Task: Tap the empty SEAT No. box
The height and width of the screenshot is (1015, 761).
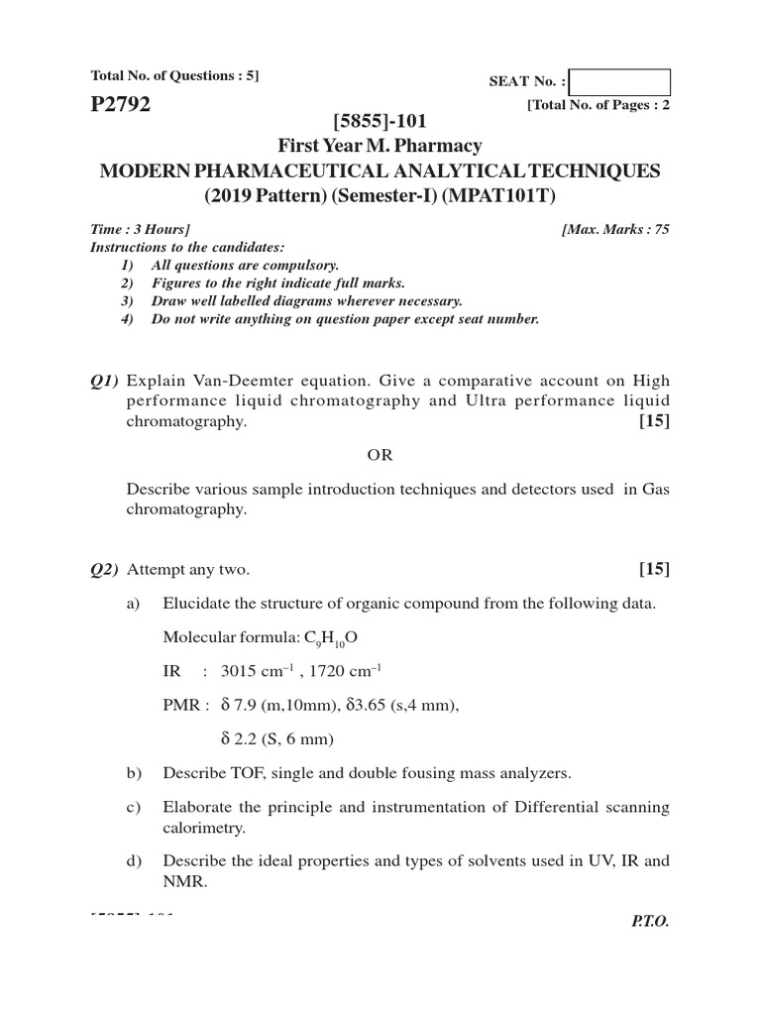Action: (620, 82)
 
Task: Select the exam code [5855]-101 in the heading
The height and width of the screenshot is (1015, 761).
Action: (380, 122)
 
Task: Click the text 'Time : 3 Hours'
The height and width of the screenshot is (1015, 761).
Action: (140, 229)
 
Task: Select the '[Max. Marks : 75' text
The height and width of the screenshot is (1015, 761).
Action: (615, 229)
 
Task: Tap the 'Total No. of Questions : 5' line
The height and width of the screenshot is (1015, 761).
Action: (174, 75)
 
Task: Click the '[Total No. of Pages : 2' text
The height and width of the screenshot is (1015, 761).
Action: (598, 105)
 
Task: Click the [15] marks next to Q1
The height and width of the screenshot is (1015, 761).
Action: (654, 421)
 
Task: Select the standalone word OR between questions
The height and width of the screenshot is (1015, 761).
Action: (380, 455)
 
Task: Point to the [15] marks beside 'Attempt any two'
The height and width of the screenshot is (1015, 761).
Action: (654, 569)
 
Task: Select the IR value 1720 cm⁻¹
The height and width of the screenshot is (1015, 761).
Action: (340, 671)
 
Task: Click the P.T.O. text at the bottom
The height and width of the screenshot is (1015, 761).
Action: (650, 921)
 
